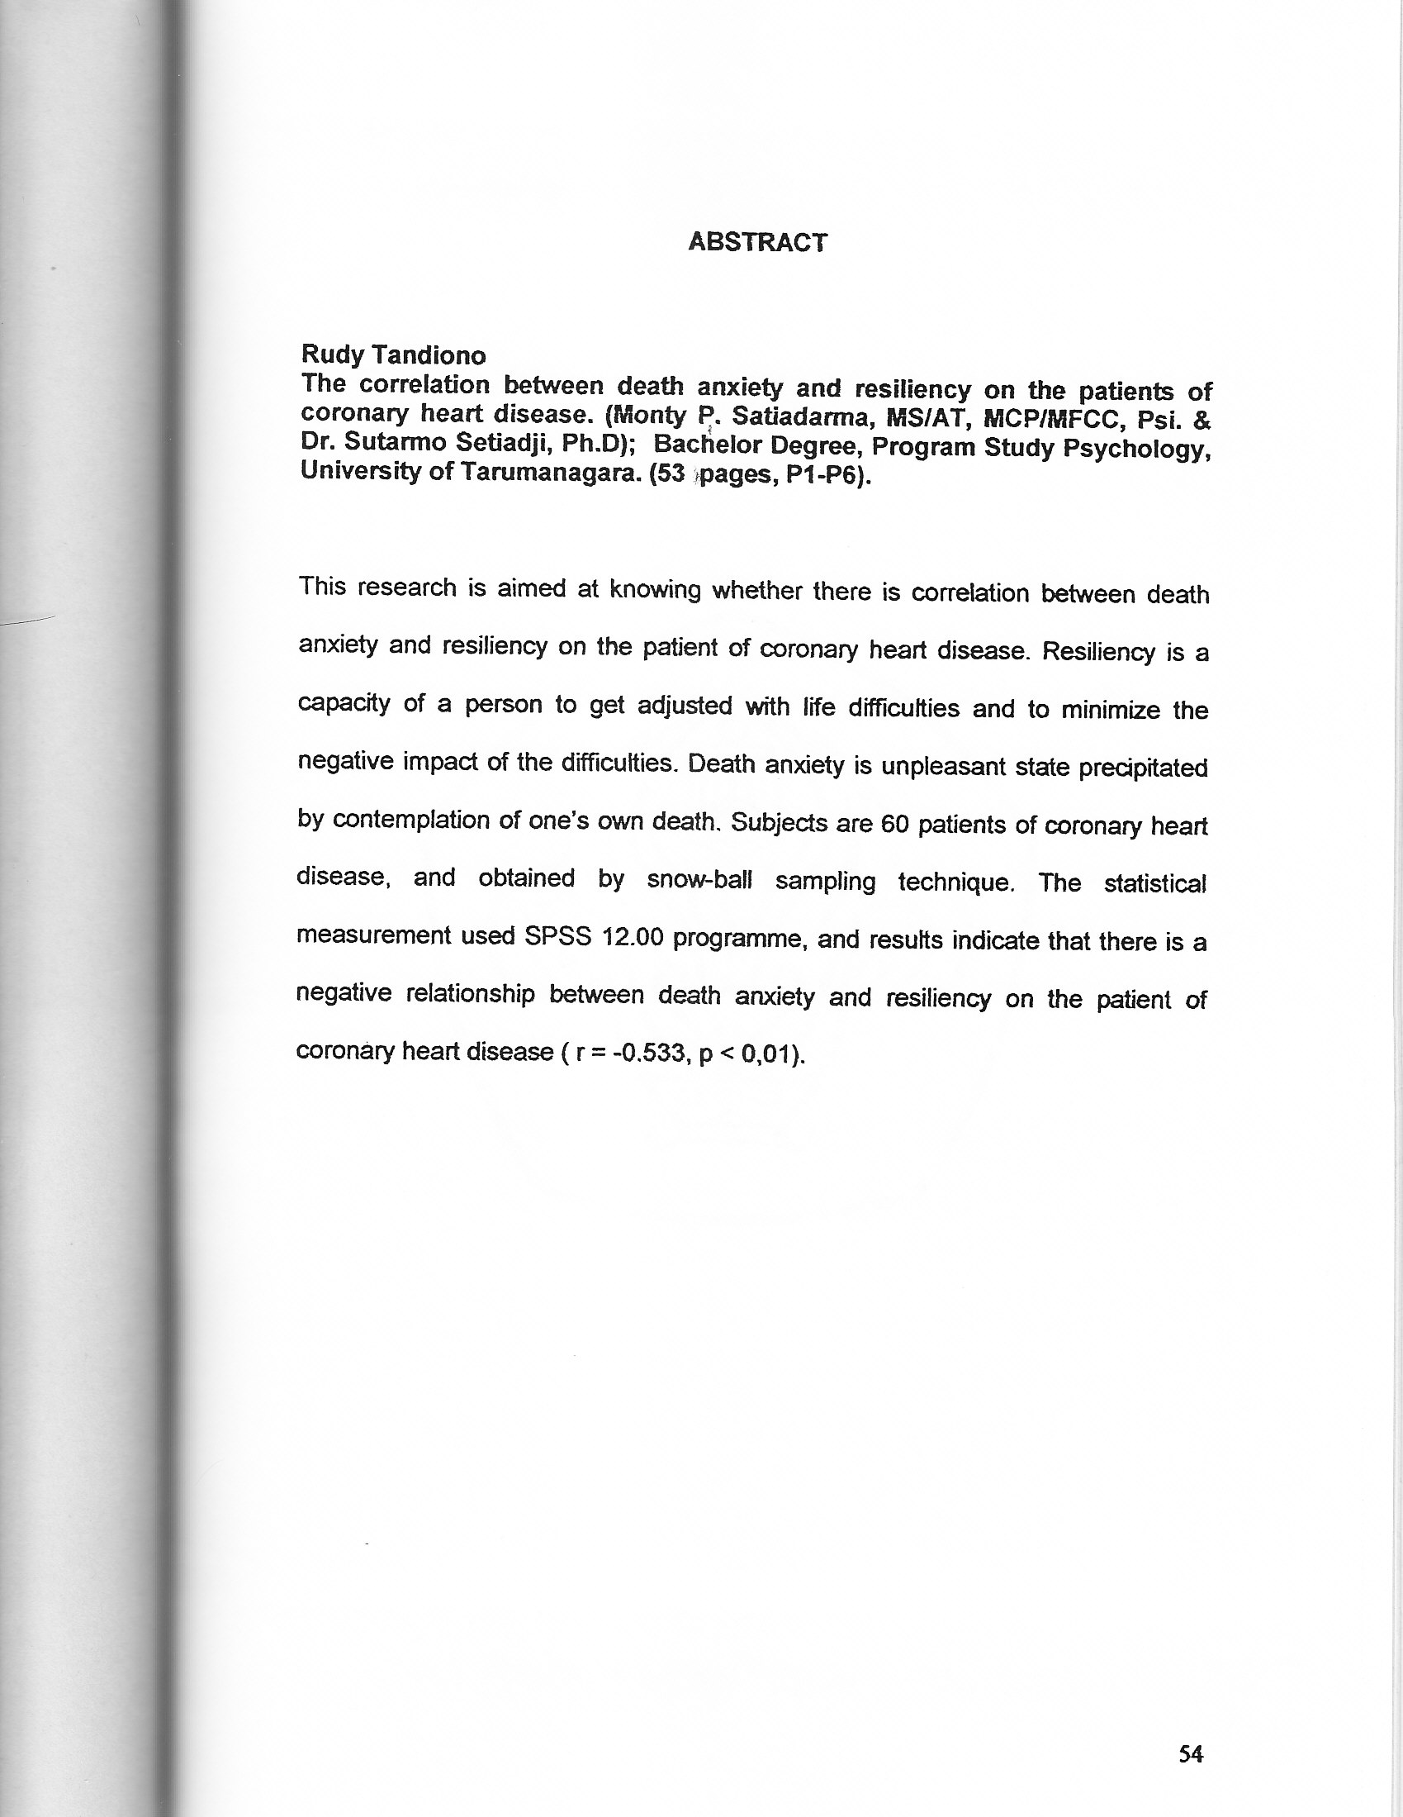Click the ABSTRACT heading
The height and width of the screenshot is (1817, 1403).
(757, 242)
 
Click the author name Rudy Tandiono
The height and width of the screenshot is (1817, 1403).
(393, 355)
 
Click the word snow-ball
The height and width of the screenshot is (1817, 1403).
(699, 880)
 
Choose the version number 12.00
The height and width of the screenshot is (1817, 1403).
(632, 938)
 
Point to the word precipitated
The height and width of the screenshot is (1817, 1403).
(1143, 767)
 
